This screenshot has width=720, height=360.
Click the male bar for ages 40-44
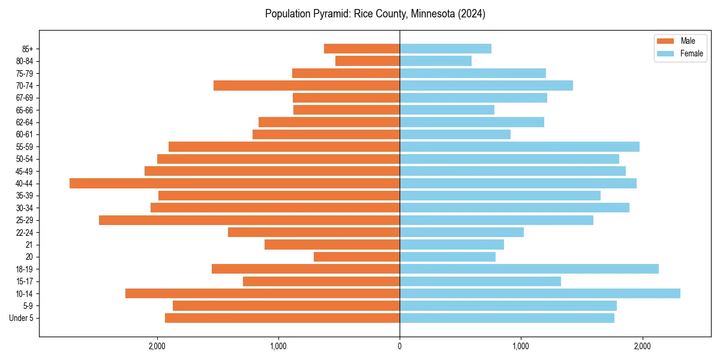[235, 184]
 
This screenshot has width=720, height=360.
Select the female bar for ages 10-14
[540, 293]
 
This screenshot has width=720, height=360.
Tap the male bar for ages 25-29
[249, 220]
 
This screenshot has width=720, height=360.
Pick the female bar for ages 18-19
[529, 269]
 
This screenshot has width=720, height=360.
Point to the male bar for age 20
[356, 257]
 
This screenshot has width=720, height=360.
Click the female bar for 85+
[445, 49]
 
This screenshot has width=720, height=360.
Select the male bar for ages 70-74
[307, 86]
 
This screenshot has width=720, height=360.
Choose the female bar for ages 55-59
[520, 147]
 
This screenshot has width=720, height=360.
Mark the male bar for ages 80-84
[367, 61]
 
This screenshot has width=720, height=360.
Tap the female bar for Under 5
[507, 318]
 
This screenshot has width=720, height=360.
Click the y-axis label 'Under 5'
[21, 318]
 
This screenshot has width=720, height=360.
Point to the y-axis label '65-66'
[25, 110]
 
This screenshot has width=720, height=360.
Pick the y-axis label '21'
[29, 245]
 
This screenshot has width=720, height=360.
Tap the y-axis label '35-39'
[25, 196]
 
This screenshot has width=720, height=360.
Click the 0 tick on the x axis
[400, 346]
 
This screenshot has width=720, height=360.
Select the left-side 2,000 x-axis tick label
[157, 346]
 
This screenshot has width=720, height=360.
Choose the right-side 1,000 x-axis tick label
[521, 346]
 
